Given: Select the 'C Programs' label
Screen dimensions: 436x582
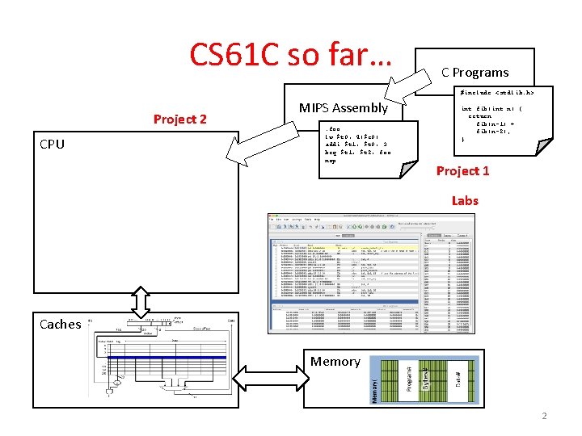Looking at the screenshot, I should click(x=474, y=72).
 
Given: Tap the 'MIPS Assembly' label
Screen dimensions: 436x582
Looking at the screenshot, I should click(x=344, y=107).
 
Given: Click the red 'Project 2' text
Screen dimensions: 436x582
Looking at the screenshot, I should click(x=180, y=119).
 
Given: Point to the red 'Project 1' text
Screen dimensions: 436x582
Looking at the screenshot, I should click(x=463, y=170).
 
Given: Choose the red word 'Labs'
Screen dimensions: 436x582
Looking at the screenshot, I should click(x=465, y=200).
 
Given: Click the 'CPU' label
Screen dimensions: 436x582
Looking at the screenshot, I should click(x=52, y=145).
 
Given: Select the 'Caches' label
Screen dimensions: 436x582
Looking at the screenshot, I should click(x=61, y=324).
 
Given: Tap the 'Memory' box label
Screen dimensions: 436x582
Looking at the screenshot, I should click(x=335, y=361).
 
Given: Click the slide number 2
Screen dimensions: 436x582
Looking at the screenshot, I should click(x=544, y=416).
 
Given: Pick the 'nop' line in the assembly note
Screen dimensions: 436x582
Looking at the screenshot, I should click(x=330, y=160).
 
